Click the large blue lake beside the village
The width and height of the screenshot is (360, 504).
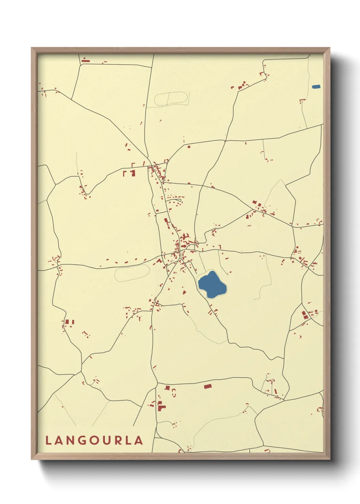pos(212,284)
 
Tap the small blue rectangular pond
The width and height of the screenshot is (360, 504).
pos(316,86)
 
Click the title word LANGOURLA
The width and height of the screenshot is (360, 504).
pos(94,440)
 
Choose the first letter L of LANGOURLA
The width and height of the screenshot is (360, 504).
pos(48,440)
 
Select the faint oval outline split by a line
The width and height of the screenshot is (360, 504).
pos(171,99)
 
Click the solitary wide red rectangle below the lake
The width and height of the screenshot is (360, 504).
pos(208,386)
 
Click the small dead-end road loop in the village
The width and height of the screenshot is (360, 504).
pos(194,246)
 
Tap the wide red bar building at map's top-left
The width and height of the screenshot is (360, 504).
pos(85,61)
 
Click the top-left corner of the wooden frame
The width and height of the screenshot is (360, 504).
pos(32,48)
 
